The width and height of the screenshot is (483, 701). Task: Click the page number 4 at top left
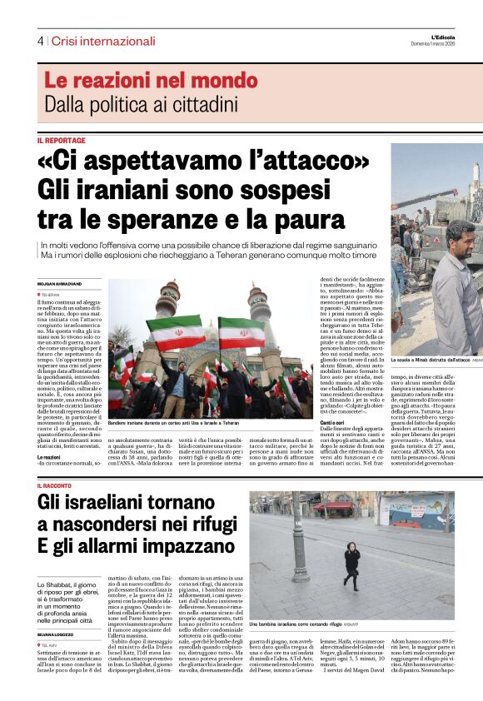point(39,41)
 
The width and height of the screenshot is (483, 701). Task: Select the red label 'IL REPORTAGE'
point(61,141)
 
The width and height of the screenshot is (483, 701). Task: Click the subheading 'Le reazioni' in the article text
point(50,457)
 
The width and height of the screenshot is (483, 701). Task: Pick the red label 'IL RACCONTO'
point(60,485)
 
